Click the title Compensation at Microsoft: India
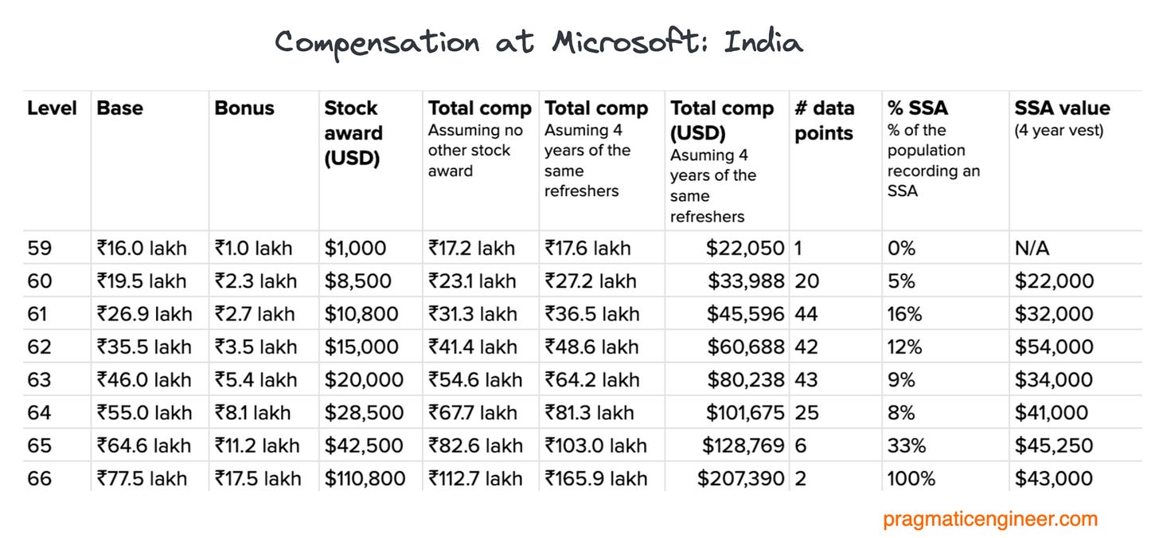click(x=539, y=41)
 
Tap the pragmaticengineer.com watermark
click(x=990, y=520)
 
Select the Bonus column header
click(x=244, y=108)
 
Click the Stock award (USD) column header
click(x=353, y=133)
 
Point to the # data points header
click(x=825, y=120)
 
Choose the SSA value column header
click(x=1062, y=108)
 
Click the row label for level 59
click(x=39, y=248)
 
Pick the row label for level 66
click(x=39, y=478)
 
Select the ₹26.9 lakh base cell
click(x=144, y=314)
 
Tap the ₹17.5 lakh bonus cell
click(x=258, y=478)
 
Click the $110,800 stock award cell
click(x=365, y=478)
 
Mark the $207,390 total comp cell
click(x=740, y=478)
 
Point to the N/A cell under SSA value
click(x=1032, y=248)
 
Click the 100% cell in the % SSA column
click(x=911, y=478)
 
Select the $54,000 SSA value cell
click(x=1054, y=347)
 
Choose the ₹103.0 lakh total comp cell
click(x=596, y=446)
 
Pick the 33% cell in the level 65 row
click(x=907, y=446)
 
